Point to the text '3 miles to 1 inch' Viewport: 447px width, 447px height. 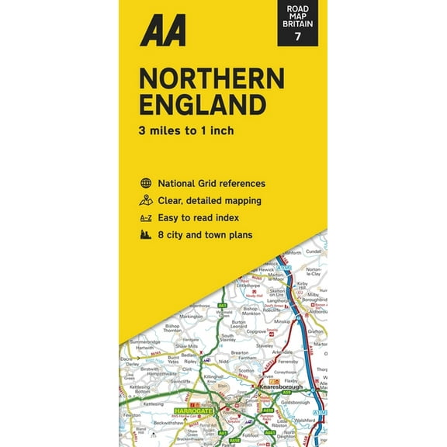tap(186, 130)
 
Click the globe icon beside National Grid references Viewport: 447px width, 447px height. tap(145, 184)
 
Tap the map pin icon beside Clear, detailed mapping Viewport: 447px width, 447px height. tap(145, 200)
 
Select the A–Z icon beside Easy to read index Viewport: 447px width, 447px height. tap(145, 217)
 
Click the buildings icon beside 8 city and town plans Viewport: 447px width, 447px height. tap(145, 234)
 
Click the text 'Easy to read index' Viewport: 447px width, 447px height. tap(199, 217)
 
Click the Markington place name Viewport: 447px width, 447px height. tap(191, 317)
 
